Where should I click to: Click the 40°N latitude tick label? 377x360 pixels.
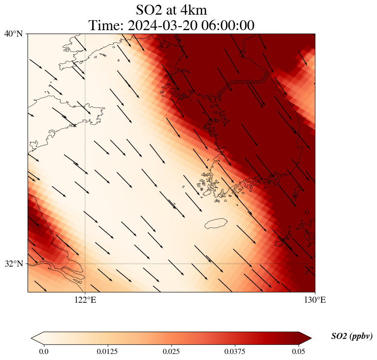coord(13,34)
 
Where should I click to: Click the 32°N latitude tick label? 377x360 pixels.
coord(13,264)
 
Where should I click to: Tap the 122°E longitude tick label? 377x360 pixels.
coord(85,300)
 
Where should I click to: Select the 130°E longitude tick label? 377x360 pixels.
coord(315,300)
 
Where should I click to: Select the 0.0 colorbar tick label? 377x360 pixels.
coord(44,351)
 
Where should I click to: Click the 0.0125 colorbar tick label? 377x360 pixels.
coord(107,351)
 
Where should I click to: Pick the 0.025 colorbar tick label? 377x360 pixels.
coord(171,351)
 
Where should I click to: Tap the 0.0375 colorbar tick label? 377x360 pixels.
coord(235,351)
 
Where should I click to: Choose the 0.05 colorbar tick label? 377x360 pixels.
coord(299,351)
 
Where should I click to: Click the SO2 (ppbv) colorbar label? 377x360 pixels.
coord(352,336)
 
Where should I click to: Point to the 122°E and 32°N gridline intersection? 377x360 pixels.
coord(85,264)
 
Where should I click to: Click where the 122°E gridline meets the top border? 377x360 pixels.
coord(85,34)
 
